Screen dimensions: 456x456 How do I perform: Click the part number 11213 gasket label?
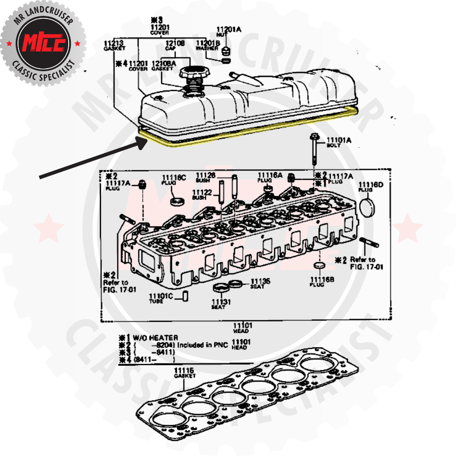(114, 45)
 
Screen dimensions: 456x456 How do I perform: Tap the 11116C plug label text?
(173, 180)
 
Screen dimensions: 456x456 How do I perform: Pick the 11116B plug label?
(322, 281)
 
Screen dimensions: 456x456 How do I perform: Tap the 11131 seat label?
(221, 304)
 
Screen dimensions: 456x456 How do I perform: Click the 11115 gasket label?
(184, 372)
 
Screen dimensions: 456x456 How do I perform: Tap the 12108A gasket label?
(163, 66)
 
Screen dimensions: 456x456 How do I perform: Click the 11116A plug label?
(270, 177)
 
